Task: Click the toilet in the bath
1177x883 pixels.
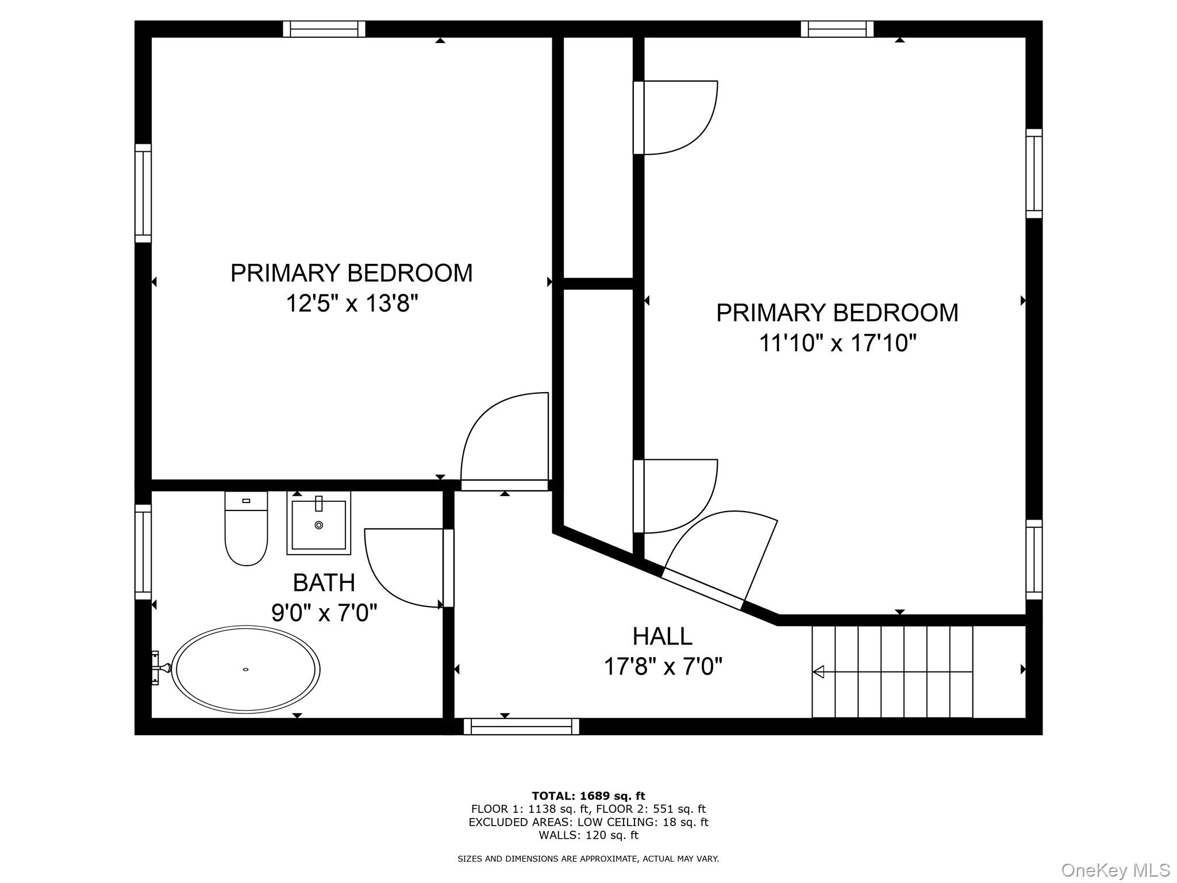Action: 246,529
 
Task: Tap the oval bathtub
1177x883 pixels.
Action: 246,669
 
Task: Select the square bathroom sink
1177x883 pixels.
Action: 319,523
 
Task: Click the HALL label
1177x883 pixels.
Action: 662,636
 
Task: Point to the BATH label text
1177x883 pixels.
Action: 324,583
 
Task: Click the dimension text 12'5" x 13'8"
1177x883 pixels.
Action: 351,303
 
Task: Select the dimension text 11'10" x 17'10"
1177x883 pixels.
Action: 837,343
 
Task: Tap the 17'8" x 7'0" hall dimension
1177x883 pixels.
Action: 662,667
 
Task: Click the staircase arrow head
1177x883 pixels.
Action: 818,671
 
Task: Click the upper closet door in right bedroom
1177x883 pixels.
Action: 678,118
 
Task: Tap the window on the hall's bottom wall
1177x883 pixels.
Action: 521,727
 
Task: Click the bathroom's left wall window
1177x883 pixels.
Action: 143,552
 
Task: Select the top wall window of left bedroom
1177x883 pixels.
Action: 324,29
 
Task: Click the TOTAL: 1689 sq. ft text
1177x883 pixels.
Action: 588,796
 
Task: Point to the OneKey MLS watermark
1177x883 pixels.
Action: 1115,870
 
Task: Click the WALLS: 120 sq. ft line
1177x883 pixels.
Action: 588,835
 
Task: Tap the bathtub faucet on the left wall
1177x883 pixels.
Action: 159,668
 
